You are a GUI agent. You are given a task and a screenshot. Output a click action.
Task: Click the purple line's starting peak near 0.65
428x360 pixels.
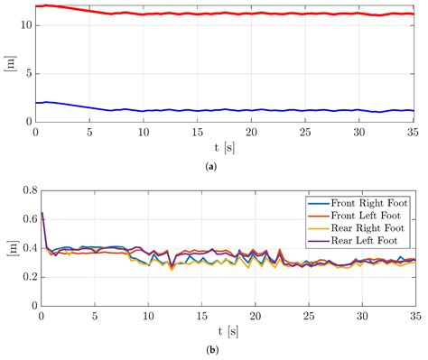tap(42, 213)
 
